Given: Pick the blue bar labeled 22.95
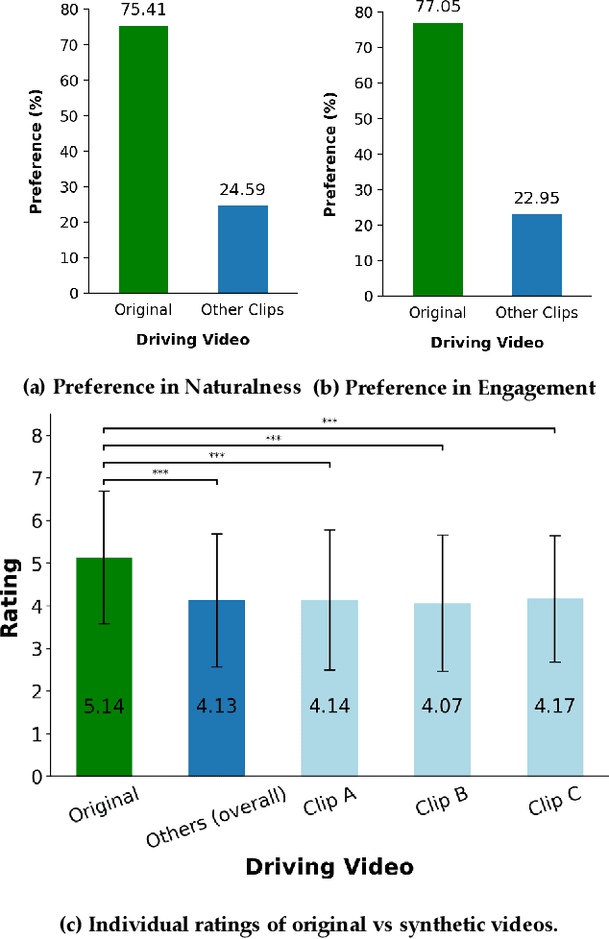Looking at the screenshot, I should click(x=536, y=254).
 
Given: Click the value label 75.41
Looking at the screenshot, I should click(x=143, y=9).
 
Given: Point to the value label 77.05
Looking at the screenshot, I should click(x=437, y=6).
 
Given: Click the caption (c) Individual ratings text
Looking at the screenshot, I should click(x=308, y=925).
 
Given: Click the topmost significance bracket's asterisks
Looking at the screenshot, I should click(x=329, y=420).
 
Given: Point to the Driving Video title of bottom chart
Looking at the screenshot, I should click(x=329, y=867).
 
